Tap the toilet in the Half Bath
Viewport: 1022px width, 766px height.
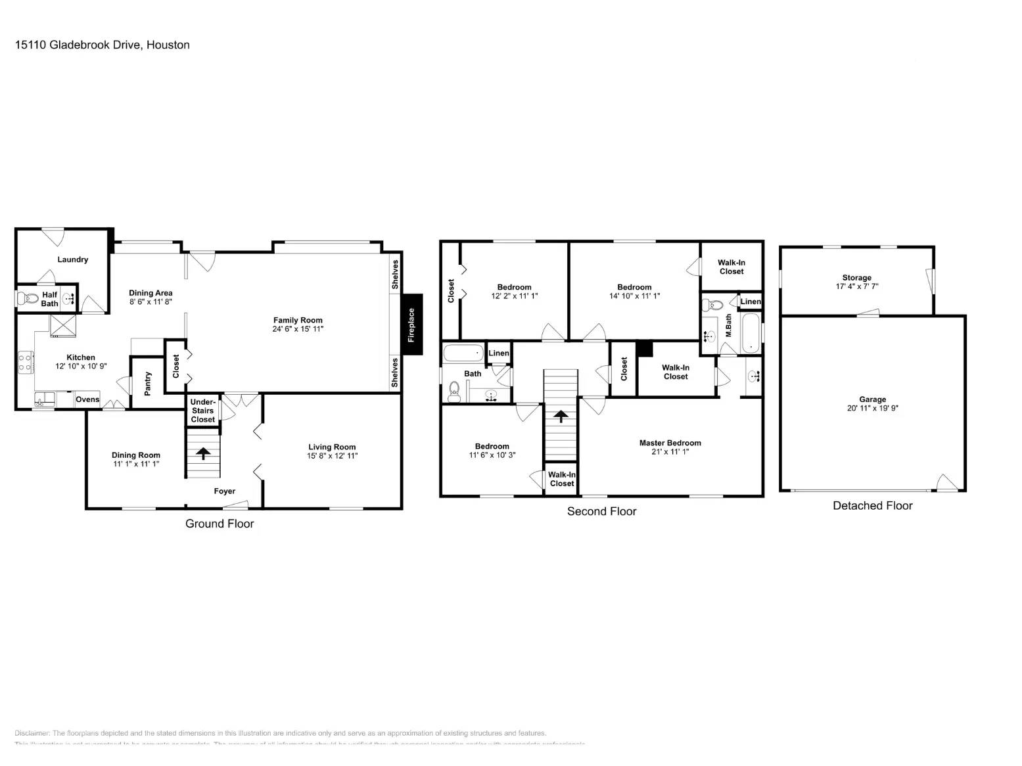pos(27,299)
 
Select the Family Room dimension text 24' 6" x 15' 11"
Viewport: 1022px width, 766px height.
pos(298,328)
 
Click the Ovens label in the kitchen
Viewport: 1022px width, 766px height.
pos(87,399)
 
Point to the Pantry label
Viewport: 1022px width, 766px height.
pos(148,383)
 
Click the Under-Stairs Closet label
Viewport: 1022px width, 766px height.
pos(202,411)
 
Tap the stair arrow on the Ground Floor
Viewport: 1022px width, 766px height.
pos(202,453)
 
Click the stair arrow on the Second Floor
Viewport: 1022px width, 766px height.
pos(560,417)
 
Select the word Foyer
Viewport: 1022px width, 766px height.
pos(224,491)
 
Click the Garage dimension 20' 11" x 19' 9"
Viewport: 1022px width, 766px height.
pos(872,408)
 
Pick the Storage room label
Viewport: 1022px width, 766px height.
pos(856,277)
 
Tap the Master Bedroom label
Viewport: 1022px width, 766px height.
pos(670,443)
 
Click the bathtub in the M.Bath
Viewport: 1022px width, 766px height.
pos(751,334)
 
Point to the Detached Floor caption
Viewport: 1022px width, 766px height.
pos(872,505)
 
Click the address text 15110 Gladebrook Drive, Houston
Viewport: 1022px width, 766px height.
pos(103,45)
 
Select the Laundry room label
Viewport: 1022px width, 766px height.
pos(72,259)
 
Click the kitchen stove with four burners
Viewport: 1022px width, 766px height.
pos(26,363)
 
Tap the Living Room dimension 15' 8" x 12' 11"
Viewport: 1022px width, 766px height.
pos(332,455)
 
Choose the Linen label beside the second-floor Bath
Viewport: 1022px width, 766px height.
pos(498,353)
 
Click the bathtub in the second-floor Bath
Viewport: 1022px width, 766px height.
pos(463,353)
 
